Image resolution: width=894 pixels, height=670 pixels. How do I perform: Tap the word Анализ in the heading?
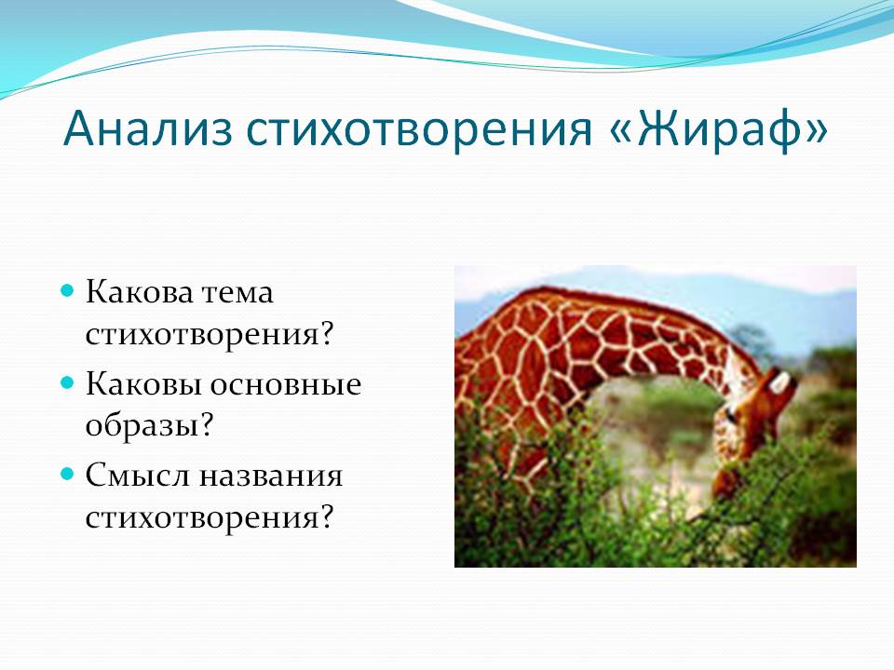coord(148,128)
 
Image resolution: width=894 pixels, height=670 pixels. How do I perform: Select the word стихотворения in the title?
coord(419,130)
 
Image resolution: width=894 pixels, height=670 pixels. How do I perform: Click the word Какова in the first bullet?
coord(140,292)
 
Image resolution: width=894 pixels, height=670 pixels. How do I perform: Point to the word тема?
coord(237,293)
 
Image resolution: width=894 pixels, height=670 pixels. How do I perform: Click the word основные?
coord(286,384)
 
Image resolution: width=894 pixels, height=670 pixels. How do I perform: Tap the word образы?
coord(142,425)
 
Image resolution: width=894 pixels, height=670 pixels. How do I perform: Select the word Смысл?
coord(138,476)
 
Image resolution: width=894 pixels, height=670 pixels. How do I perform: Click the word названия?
coord(270,476)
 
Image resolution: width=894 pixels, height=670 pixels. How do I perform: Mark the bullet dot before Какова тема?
coord(68,291)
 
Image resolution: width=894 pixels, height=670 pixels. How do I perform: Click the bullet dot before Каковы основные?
coord(68,382)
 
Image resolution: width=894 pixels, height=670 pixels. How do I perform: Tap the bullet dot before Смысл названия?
coord(68,475)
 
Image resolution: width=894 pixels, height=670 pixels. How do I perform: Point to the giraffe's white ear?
coord(779,382)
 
